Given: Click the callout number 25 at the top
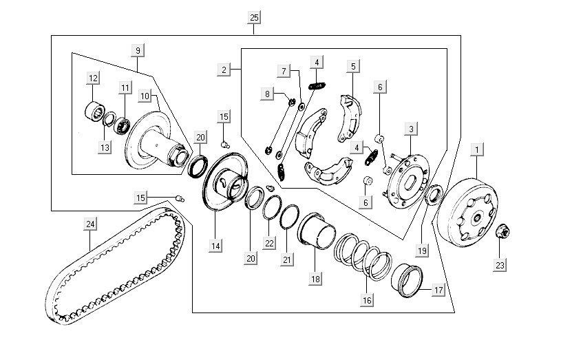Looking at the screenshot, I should [x=255, y=17].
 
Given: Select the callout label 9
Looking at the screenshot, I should [x=138, y=50].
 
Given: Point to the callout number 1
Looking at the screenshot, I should [x=476, y=149].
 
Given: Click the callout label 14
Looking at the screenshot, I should [x=215, y=244].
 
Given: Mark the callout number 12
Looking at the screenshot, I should [x=93, y=77].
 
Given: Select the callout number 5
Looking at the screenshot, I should [x=352, y=67].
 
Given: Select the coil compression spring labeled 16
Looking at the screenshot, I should [x=361, y=255].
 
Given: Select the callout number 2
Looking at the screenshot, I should [x=224, y=70].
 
